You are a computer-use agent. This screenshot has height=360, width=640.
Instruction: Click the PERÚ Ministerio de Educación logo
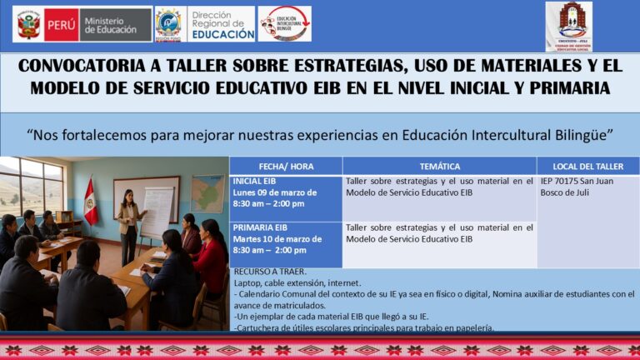(x=82, y=24)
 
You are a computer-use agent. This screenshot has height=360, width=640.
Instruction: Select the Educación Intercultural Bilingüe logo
(x=284, y=24)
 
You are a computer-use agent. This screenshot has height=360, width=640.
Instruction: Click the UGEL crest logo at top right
(x=568, y=26)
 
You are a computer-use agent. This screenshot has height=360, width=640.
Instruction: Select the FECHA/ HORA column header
(x=286, y=166)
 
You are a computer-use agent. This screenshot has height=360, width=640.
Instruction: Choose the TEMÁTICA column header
(x=439, y=166)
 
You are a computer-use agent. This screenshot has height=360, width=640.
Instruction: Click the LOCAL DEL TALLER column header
(x=587, y=166)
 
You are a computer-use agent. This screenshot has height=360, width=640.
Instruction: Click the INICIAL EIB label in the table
(x=255, y=181)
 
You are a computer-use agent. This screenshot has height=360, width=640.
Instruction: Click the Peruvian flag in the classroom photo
(x=90, y=202)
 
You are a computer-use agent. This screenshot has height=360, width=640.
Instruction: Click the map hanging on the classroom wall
(x=207, y=193)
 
